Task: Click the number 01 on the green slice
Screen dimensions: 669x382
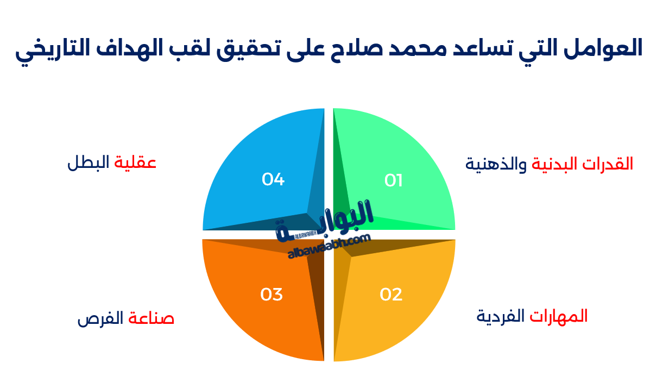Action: coord(394,180)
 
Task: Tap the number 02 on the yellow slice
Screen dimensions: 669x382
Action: coord(391,295)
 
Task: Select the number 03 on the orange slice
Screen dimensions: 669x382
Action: coord(272,295)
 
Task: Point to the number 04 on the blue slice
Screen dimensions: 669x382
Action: coord(273,179)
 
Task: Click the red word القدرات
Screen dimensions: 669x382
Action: coord(608,164)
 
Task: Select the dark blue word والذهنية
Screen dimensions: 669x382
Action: coord(496,165)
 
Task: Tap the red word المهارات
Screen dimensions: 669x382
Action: coord(558,316)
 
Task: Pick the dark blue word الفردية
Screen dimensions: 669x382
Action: coord(501,316)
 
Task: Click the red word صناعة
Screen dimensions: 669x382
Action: coord(151,318)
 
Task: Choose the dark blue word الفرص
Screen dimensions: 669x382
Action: coord(100,318)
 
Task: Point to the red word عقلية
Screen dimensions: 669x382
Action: coord(135,163)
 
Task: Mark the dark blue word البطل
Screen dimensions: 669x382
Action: coord(89,162)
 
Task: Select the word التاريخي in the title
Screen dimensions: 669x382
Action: coord(53,52)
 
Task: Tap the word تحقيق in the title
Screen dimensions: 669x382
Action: coord(249,50)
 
